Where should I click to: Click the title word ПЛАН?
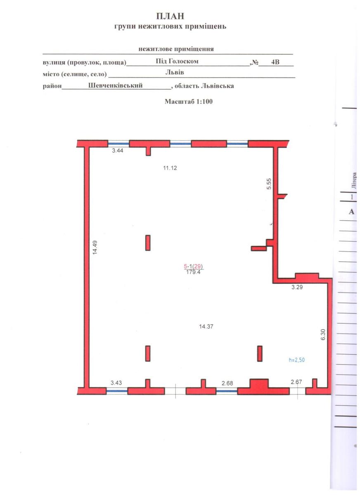click(170, 16)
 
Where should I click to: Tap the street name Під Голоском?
click(177, 61)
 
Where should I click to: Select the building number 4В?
click(275, 62)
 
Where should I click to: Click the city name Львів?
click(175, 72)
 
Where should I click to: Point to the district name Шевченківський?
click(116, 85)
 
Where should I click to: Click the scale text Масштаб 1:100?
click(189, 101)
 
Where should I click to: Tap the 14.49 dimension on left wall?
click(95, 247)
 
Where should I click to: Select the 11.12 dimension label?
click(170, 168)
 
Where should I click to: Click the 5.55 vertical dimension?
click(269, 184)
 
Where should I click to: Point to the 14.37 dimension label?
click(206, 326)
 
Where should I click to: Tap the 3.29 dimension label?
click(297, 287)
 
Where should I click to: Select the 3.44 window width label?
click(117, 151)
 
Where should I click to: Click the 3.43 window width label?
click(116, 383)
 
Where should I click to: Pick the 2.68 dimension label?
click(227, 383)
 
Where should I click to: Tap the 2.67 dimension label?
click(296, 382)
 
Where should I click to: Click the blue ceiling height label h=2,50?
click(297, 360)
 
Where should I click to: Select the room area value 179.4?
click(193, 272)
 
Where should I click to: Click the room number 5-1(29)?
click(193, 266)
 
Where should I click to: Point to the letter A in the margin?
click(351, 212)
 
